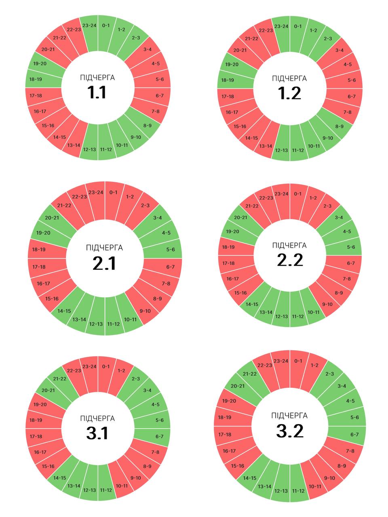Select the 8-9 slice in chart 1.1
[x=147, y=125]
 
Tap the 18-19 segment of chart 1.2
[x=228, y=80]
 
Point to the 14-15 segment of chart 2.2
[x=252, y=304]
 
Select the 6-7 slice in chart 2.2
[x=350, y=263]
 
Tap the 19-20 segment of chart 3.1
[x=40, y=404]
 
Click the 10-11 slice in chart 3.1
[x=122, y=485]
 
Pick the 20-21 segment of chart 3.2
[x=238, y=386]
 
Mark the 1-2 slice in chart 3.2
[x=314, y=366]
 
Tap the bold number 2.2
[x=290, y=260]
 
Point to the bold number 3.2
[x=289, y=431]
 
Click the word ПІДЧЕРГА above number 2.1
[x=104, y=248]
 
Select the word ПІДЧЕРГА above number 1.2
[x=289, y=78]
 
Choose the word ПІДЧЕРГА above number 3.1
[x=97, y=418]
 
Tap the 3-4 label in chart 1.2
[x=339, y=50]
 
